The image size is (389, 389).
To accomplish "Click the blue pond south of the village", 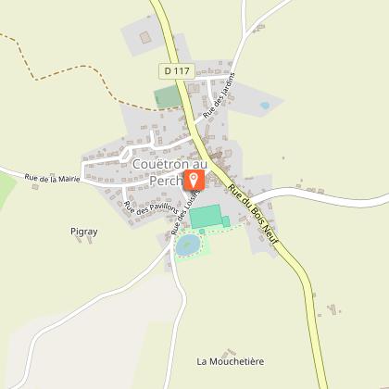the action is coord(188,245).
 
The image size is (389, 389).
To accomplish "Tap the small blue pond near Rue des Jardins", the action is coord(264,106).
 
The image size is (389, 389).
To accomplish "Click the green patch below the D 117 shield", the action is coord(168,95).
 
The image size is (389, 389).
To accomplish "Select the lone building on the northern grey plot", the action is coord(144,37).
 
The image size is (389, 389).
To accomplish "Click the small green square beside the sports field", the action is coord(225,220).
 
